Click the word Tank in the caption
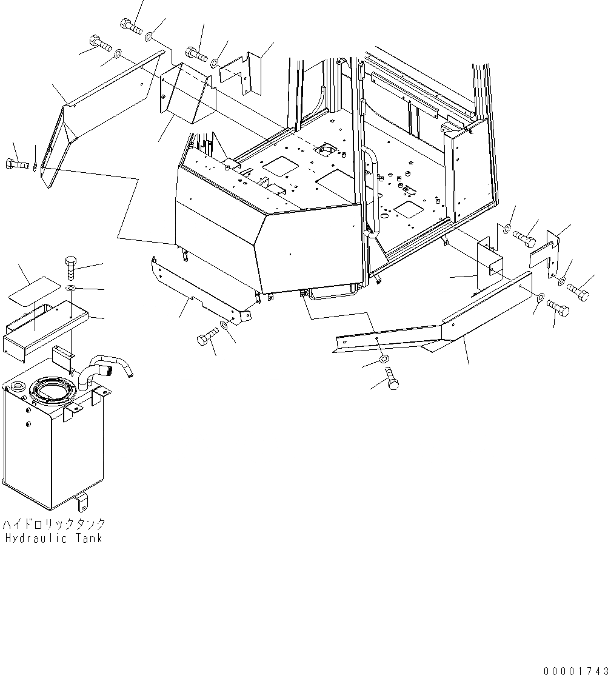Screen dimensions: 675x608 tap(88, 539)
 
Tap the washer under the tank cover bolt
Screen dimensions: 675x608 tap(71, 288)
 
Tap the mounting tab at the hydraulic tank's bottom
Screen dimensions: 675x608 tap(82, 503)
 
